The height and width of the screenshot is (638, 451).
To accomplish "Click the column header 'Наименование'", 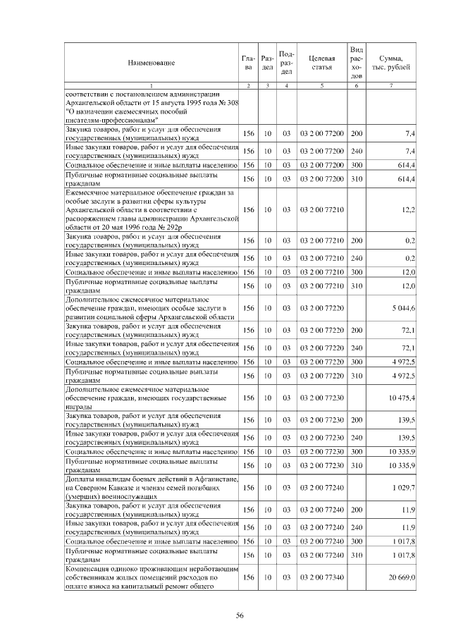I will click(x=151, y=63).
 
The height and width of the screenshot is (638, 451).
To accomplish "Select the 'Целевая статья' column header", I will click(x=321, y=63).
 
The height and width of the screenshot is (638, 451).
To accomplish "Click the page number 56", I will click(x=239, y=616).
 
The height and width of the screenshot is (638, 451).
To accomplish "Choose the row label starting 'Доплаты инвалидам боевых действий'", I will click(x=151, y=488).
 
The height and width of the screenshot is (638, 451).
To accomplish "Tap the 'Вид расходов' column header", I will click(x=357, y=63).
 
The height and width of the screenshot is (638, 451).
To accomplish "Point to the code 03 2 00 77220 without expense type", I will click(x=321, y=308).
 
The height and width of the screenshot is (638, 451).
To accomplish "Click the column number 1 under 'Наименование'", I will click(x=151, y=86).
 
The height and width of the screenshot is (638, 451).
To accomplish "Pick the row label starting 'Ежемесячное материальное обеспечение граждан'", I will click(x=151, y=209).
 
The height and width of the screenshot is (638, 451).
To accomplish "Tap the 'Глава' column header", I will click(x=247, y=63).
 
